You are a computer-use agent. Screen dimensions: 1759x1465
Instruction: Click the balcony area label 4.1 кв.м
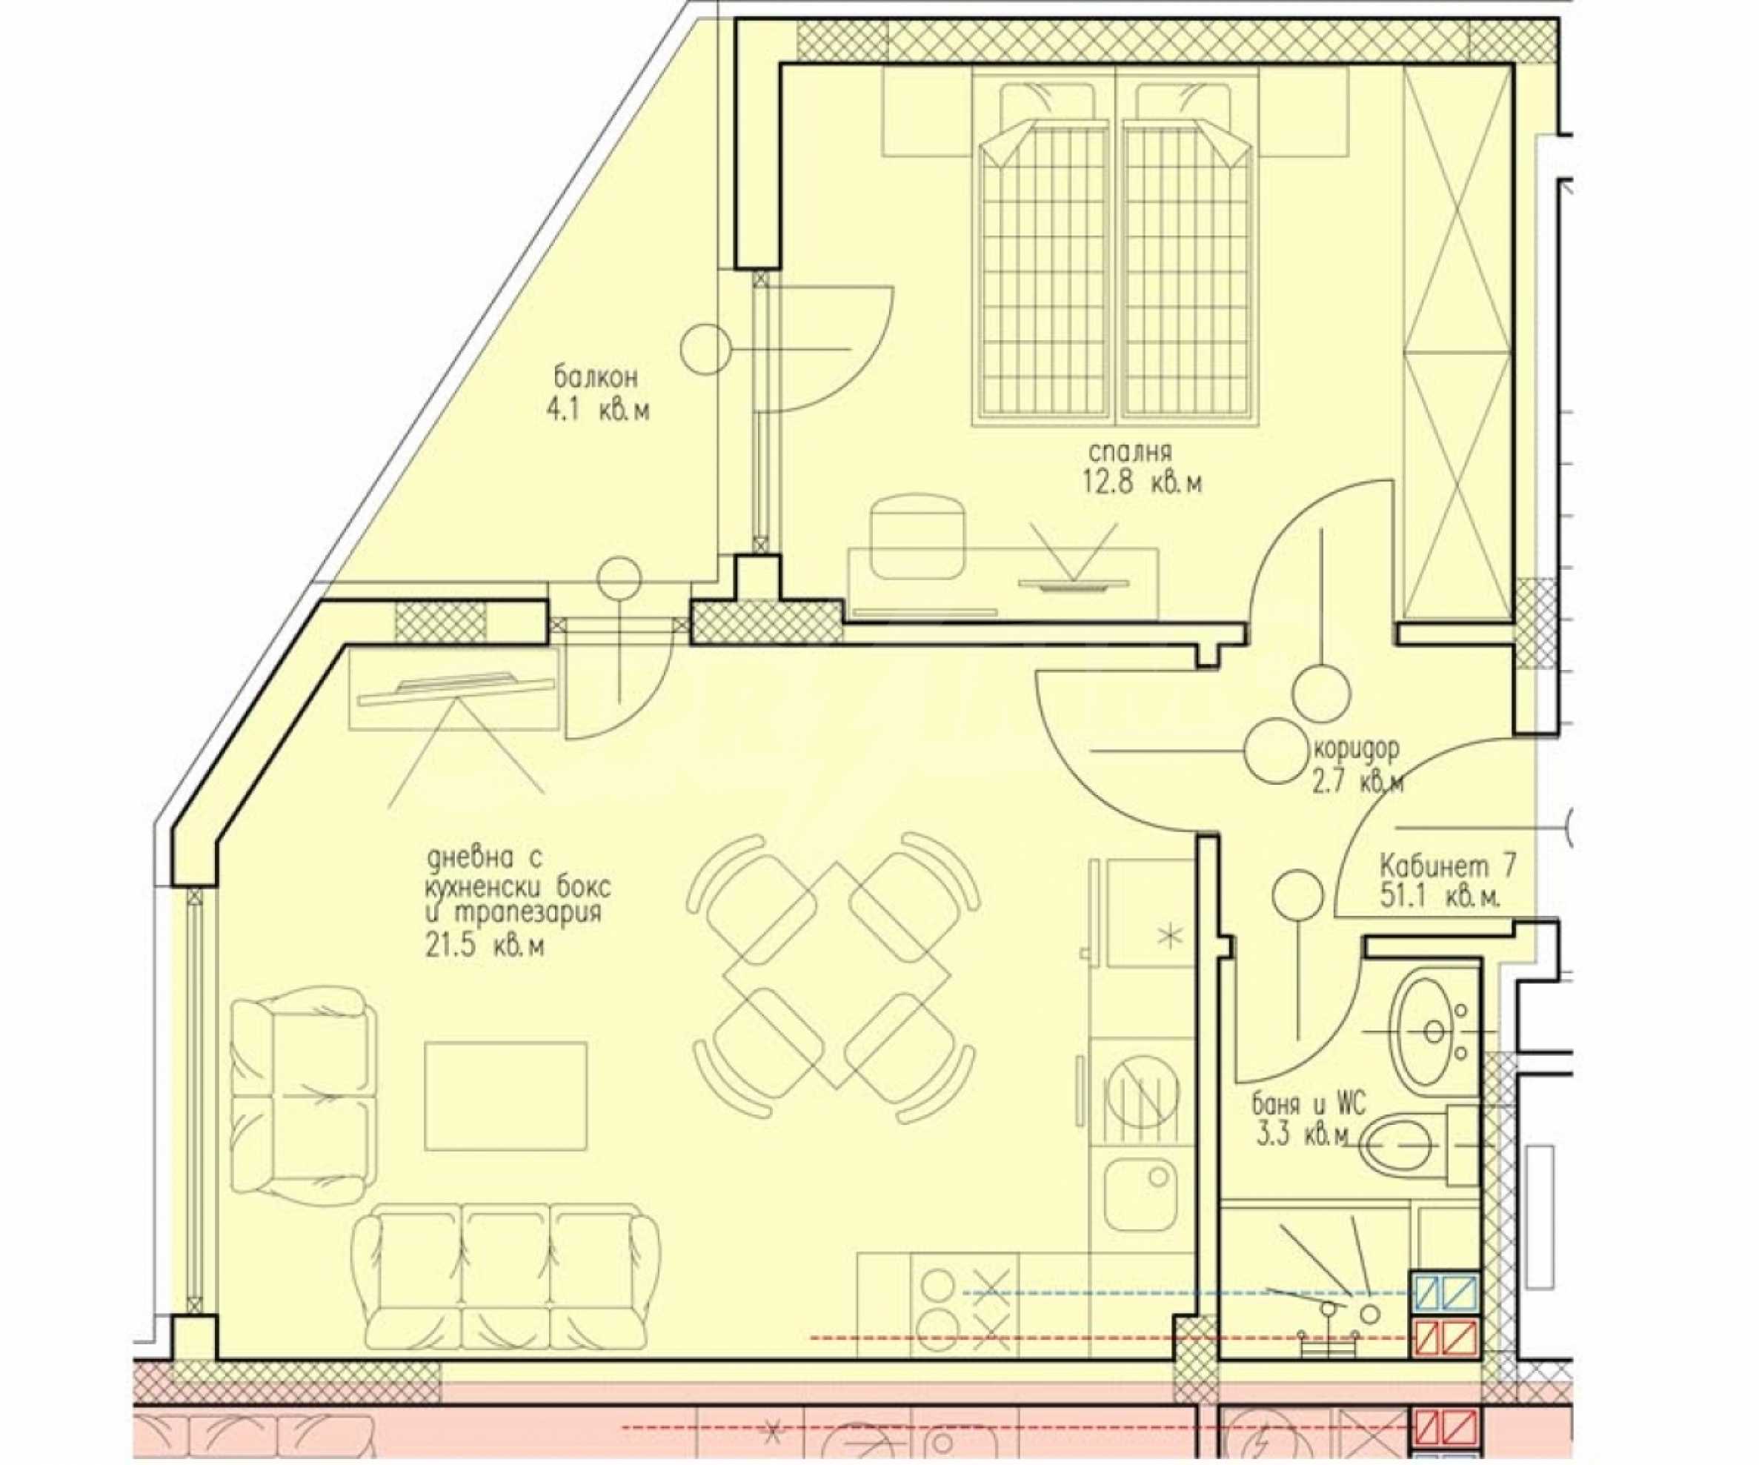tap(597, 411)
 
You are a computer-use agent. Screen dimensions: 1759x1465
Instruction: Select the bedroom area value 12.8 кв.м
tap(1142, 483)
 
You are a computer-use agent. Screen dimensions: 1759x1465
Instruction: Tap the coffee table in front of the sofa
tap(505, 1097)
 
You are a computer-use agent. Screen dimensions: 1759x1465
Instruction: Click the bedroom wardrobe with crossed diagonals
tap(1457, 343)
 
